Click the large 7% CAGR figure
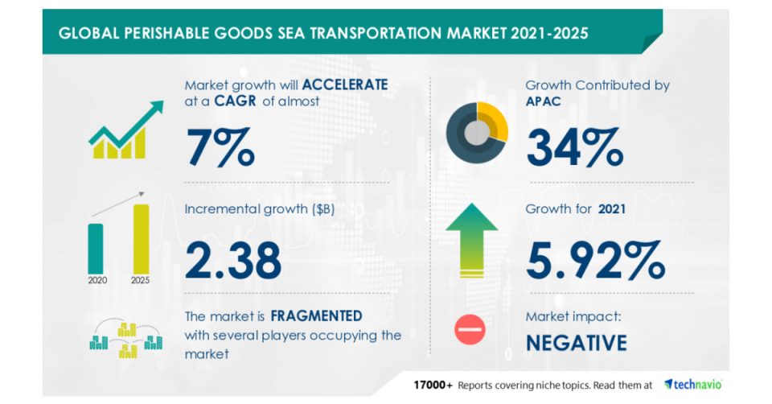pos(220,146)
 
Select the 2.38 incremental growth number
pos(233,258)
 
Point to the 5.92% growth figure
pos(595,258)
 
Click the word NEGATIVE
pos(577,343)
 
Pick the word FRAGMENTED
pos(315,315)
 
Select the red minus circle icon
pos(470,331)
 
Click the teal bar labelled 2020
pos(96,248)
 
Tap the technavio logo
pos(693,384)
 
